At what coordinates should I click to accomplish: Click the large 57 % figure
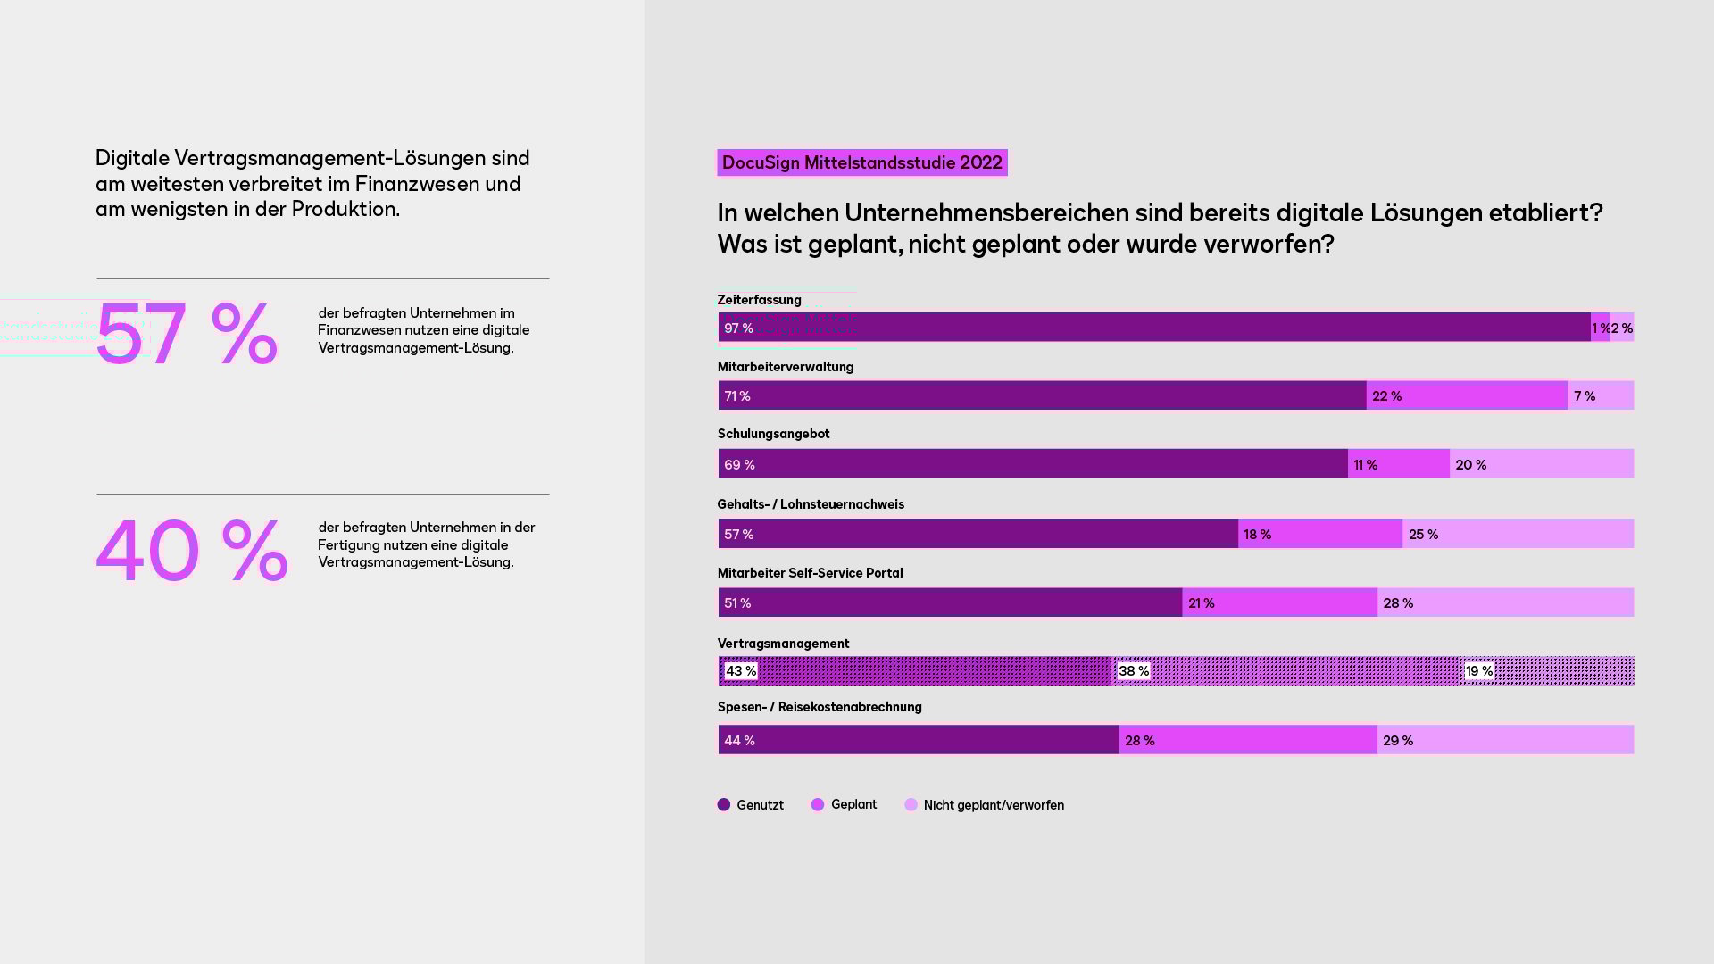pos(187,334)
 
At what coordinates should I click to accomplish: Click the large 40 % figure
pos(192,550)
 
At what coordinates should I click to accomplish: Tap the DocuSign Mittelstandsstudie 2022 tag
pos(861,162)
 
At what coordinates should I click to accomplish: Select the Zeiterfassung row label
pos(759,300)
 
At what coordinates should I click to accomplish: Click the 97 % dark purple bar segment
pos(1153,328)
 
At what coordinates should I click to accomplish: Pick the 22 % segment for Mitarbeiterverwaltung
pos(1466,395)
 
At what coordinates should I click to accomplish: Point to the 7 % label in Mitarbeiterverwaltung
pos(1585,395)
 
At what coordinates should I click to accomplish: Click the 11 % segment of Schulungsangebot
pos(1398,464)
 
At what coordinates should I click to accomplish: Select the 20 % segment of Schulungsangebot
pos(1541,464)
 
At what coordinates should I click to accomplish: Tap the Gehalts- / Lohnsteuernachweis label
pos(811,504)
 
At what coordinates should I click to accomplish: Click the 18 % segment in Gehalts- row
pos(1319,534)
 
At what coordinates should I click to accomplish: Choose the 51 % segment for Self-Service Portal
pos(950,602)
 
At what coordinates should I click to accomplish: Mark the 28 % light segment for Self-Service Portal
pos(1505,602)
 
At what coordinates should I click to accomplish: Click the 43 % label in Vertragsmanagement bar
pos(741,670)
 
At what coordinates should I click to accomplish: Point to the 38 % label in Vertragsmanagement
pos(1134,670)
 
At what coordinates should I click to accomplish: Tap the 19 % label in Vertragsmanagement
pos(1479,670)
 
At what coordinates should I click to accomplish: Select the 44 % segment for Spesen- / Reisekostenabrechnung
pos(918,740)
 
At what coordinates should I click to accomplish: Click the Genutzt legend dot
pos(724,804)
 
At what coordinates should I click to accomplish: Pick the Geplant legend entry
pos(844,804)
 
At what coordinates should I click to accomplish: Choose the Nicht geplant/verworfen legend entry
pos(984,804)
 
